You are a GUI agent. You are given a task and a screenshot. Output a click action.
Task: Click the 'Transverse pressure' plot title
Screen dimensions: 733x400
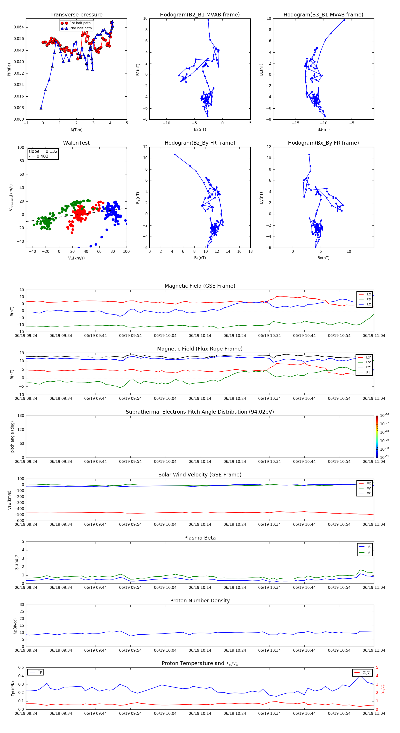tap(76, 15)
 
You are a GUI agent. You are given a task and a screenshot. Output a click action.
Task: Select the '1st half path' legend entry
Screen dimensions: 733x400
tap(80, 23)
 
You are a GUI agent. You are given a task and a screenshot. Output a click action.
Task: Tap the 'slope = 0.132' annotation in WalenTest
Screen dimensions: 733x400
tap(43, 151)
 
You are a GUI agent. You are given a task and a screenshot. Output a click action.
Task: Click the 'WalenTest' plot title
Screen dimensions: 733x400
tap(76, 143)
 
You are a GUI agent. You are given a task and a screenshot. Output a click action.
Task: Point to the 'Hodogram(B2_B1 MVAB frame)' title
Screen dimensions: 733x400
tap(200, 15)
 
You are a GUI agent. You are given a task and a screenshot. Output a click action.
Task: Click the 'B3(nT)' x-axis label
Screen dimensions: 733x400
tap(323, 129)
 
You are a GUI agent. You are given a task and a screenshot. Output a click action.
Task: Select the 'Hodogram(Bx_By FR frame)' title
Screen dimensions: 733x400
tap(323, 143)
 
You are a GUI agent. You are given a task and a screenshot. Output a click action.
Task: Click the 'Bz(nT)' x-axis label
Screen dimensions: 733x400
tap(200, 258)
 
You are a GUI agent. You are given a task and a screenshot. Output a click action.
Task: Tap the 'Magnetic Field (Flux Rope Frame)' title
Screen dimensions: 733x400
tap(200, 349)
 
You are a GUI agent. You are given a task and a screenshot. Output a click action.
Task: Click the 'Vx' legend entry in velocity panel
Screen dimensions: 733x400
tap(368, 483)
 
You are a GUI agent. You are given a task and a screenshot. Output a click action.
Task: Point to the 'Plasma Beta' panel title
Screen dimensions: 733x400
tap(200, 538)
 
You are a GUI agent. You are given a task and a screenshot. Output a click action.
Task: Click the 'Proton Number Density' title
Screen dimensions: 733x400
tap(200, 601)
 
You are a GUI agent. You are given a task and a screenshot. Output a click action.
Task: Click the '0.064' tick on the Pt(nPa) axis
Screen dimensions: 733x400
tap(19, 27)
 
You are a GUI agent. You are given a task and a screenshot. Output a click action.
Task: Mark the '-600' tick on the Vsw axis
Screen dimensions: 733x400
tap(20, 521)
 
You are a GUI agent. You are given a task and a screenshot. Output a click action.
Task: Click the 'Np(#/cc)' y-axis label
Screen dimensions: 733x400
tap(15, 626)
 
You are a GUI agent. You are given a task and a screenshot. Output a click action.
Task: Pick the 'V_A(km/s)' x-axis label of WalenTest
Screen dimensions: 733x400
tap(76, 258)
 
